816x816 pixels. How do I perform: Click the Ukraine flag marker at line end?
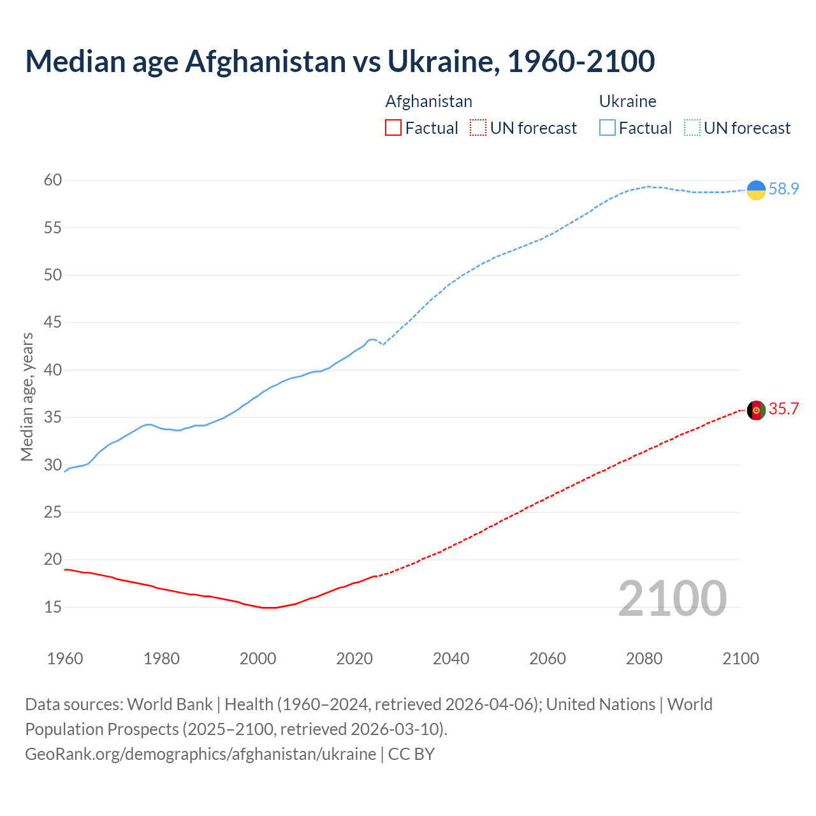click(756, 190)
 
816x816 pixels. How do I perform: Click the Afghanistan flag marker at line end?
click(756, 410)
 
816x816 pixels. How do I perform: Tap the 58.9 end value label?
click(783, 189)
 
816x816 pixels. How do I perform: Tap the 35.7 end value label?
click(783, 409)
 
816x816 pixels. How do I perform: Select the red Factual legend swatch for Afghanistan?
click(393, 128)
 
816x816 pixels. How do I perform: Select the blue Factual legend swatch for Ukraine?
click(607, 128)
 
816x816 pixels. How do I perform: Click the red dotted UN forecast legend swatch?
click(478, 128)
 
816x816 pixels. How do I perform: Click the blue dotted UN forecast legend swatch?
click(692, 128)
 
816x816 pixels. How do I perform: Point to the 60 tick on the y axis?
click(53, 180)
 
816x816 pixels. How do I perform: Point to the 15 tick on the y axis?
click(53, 607)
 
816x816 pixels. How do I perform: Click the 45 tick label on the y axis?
click(53, 323)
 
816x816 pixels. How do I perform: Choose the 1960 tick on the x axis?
click(65, 659)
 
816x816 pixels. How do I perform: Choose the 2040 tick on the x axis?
click(451, 659)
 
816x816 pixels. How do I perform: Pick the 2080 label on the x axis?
click(644, 659)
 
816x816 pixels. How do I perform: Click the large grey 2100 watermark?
click(672, 598)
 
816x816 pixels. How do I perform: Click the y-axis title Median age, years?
click(27, 397)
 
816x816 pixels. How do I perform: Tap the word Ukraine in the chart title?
click(439, 61)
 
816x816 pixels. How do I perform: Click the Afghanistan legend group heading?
click(428, 101)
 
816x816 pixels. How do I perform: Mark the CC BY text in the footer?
click(411, 754)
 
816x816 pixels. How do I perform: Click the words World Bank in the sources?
click(170, 704)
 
